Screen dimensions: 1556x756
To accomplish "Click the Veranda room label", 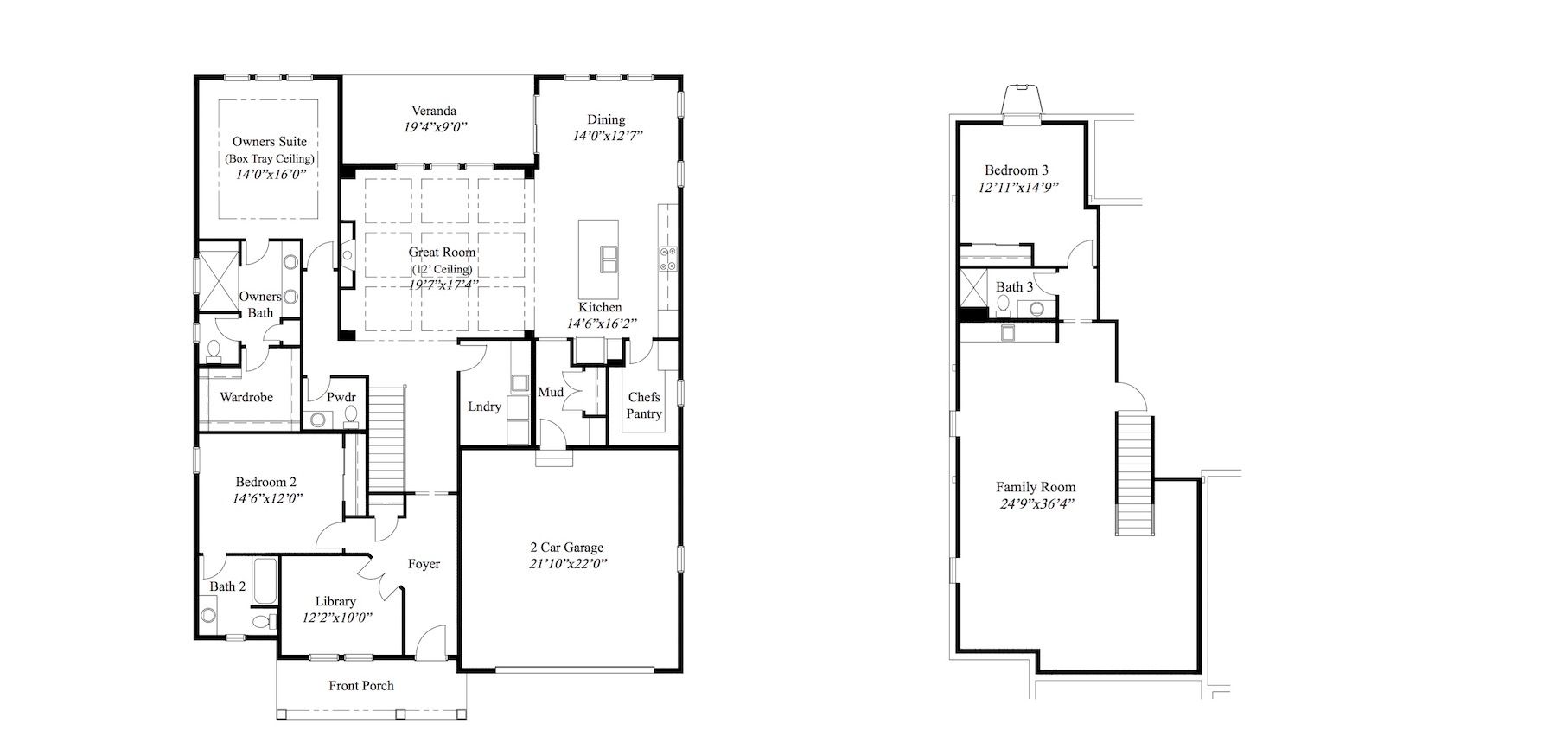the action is (x=434, y=111).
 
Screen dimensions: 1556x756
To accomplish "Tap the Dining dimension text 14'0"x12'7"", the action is (x=607, y=136).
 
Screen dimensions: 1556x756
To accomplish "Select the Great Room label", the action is (x=443, y=253).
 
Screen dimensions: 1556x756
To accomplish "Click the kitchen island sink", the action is (x=609, y=259).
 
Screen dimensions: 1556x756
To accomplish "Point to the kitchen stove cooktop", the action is (x=668, y=259).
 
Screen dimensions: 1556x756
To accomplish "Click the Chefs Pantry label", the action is (x=644, y=406).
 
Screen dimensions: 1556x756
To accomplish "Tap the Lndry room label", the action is (x=484, y=407).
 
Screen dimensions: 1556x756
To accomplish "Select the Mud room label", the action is (x=551, y=392).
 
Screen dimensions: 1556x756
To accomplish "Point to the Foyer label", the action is (x=424, y=564).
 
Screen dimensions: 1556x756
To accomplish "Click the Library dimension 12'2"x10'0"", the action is (x=337, y=618).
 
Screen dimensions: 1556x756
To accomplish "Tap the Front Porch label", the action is (x=361, y=686).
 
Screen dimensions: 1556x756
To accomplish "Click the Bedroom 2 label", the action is (x=266, y=482).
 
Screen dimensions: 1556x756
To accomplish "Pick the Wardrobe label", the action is (x=246, y=397).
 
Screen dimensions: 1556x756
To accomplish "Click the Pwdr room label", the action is (x=341, y=397).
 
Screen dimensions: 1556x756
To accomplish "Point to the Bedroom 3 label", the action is (x=1017, y=170).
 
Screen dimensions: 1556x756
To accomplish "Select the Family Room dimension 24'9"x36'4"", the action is (x=1036, y=503).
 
